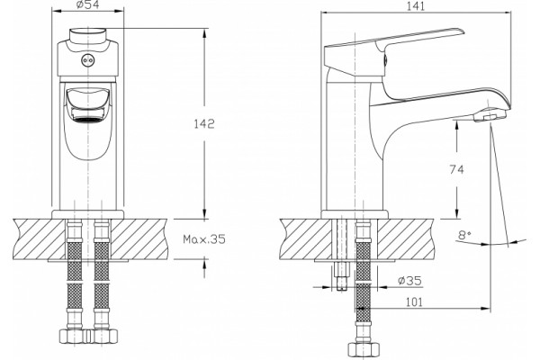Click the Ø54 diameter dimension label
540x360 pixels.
[x=87, y=4]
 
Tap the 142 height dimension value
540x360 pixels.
[x=204, y=123]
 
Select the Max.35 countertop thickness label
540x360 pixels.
[x=204, y=238]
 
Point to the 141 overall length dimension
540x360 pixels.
[x=416, y=6]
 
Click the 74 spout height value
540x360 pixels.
[x=456, y=169]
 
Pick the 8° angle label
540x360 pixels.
[x=464, y=235]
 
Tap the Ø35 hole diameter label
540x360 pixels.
[x=409, y=281]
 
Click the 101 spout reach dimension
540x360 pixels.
[x=414, y=302]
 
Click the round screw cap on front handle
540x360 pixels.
[x=87, y=60]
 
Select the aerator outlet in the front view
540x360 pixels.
[x=88, y=120]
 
